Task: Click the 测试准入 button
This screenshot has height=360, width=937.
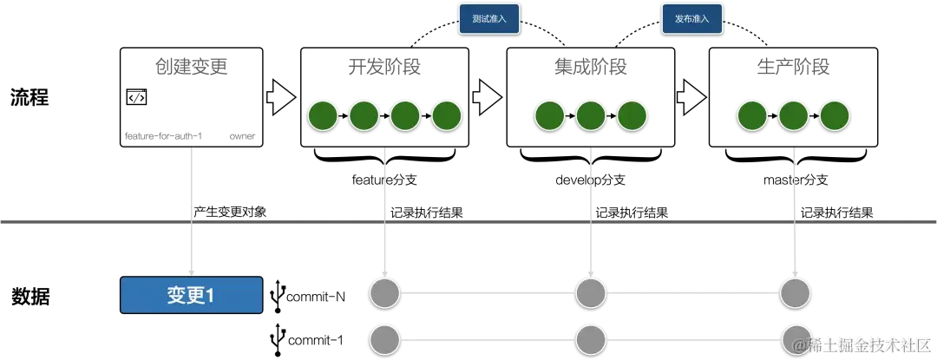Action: pyautogui.click(x=488, y=18)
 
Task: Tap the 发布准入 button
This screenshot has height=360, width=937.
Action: pyautogui.click(x=691, y=18)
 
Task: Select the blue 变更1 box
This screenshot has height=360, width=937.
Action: pyautogui.click(x=191, y=295)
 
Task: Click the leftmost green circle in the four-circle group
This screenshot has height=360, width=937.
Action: pyautogui.click(x=323, y=115)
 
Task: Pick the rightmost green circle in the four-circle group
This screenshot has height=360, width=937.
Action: pyautogui.click(x=448, y=115)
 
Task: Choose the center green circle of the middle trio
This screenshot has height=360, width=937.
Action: pyautogui.click(x=591, y=115)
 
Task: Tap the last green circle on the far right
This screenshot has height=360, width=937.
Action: pyautogui.click(x=835, y=115)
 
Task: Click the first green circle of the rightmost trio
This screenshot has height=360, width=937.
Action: pyautogui.click(x=752, y=115)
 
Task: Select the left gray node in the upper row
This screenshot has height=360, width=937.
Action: pyautogui.click(x=385, y=293)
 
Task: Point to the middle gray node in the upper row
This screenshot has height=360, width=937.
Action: pyautogui.click(x=591, y=293)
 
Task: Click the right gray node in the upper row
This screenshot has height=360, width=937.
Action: pyautogui.click(x=795, y=293)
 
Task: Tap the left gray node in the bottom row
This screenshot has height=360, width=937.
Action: pyautogui.click(x=385, y=338)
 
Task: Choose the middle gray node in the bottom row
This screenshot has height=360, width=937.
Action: pyautogui.click(x=591, y=338)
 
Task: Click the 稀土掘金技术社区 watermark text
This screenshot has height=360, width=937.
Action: pyautogui.click(x=868, y=344)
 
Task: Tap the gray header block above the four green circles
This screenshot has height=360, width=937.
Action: pyautogui.click(x=385, y=66)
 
